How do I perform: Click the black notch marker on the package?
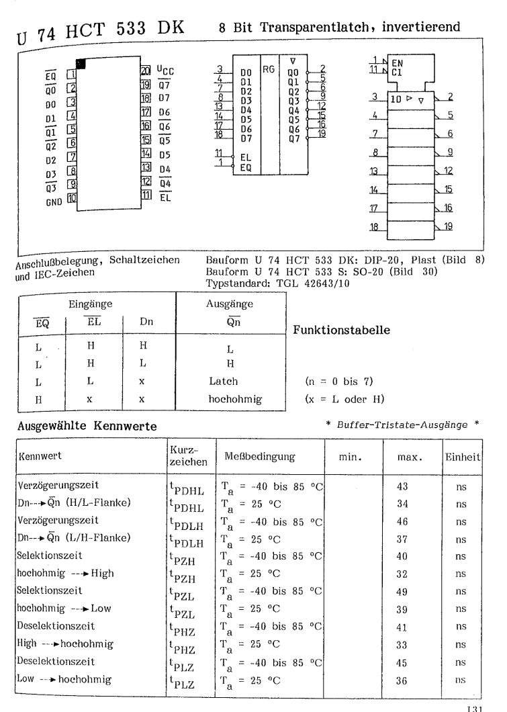click(x=82, y=64)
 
